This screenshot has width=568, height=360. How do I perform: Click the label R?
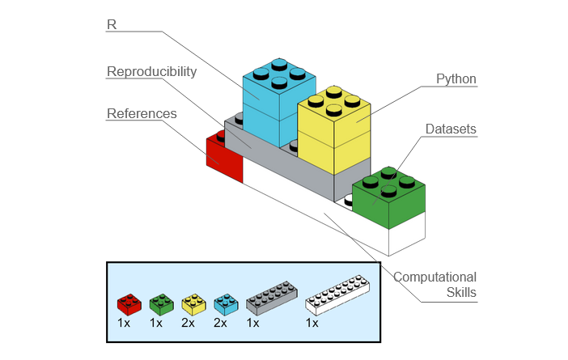(x=112, y=24)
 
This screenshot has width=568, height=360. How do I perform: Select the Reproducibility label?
(x=151, y=71)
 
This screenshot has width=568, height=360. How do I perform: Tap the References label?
(x=142, y=113)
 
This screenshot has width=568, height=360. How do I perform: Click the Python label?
(x=456, y=79)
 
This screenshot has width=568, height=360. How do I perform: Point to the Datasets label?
(x=451, y=129)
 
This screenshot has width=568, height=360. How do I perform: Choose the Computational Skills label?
(x=434, y=284)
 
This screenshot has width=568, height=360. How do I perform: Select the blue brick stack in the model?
(x=278, y=100)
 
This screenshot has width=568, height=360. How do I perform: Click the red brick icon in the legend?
(x=129, y=303)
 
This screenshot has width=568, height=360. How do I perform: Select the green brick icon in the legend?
(x=161, y=303)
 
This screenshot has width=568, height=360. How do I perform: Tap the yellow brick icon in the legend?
(x=194, y=303)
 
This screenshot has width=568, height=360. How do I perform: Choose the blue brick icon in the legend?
(x=226, y=303)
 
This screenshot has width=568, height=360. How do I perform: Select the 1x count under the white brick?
(x=312, y=323)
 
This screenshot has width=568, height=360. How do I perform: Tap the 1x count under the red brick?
(x=124, y=323)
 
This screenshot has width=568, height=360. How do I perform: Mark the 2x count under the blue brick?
(x=221, y=323)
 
